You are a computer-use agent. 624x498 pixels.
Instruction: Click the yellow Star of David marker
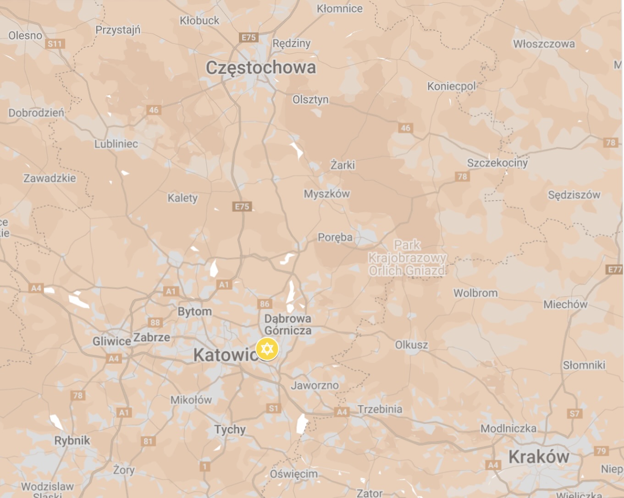point(267,349)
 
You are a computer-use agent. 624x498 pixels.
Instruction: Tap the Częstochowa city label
point(260,68)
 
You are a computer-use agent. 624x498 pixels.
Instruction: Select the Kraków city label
point(539,456)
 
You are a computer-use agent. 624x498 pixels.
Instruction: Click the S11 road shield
point(55,44)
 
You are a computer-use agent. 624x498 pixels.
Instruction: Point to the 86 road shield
point(265,304)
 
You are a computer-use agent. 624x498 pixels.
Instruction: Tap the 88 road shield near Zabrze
point(155,323)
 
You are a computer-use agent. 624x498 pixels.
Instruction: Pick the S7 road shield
point(574,414)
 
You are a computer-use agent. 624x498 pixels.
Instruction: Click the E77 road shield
point(614,269)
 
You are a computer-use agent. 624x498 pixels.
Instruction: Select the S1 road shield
point(273,408)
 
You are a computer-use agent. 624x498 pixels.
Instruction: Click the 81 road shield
point(148,441)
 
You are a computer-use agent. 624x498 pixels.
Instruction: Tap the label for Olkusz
point(411,345)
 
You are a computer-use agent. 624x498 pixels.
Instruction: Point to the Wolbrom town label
point(475,293)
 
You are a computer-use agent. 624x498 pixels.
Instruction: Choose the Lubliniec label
point(116,144)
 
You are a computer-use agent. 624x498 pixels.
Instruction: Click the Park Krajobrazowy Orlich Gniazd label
point(407,258)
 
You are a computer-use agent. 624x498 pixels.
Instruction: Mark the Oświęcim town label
point(293,474)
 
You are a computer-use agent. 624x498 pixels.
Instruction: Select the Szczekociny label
point(497,163)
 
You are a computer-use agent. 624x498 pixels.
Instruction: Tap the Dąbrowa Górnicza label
point(287,324)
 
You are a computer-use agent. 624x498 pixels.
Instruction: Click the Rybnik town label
point(72,441)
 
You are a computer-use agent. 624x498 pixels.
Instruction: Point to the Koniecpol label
point(451,86)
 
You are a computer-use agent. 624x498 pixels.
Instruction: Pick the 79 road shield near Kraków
point(601,451)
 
